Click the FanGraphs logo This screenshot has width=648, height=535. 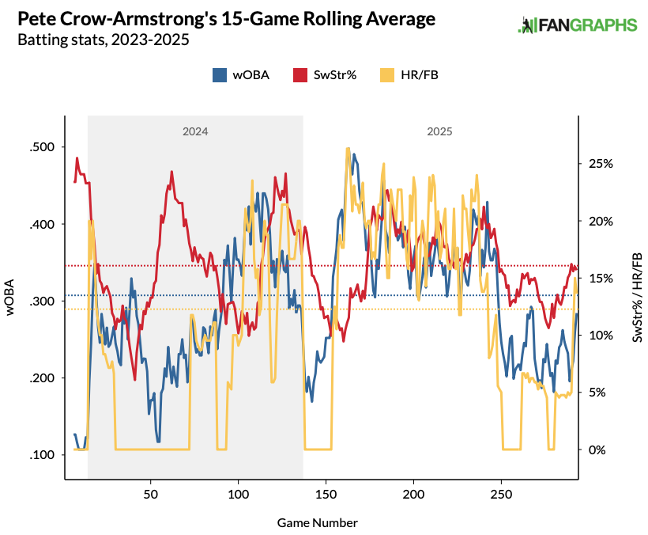tap(577, 25)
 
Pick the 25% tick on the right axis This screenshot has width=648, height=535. tap(599, 164)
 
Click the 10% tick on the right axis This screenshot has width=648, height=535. tap(599, 336)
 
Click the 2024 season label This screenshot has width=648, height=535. tap(195, 132)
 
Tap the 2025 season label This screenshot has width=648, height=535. tap(439, 132)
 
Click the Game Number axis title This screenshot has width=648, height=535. tap(318, 523)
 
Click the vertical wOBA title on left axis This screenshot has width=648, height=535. tap(11, 298)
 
